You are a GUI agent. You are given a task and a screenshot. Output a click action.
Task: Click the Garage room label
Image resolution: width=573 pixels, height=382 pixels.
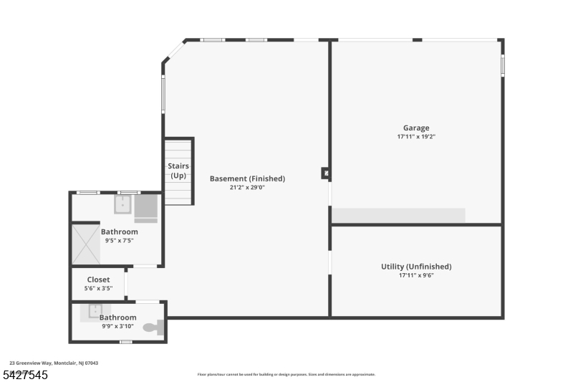[x=415, y=128]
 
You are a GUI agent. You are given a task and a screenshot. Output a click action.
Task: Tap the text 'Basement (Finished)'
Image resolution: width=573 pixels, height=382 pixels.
[x=247, y=178]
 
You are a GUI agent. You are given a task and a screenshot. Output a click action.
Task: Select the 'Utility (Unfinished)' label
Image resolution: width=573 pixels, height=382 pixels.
[x=415, y=267]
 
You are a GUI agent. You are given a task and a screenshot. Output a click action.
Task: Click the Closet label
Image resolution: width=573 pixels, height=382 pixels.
[x=98, y=280]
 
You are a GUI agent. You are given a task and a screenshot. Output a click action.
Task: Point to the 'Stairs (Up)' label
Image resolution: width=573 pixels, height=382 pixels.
[x=178, y=170]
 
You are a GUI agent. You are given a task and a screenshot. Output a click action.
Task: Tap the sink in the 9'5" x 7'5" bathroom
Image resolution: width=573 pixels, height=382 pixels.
[x=122, y=204]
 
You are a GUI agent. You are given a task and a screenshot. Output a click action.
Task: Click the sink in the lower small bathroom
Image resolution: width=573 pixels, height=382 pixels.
[x=95, y=311]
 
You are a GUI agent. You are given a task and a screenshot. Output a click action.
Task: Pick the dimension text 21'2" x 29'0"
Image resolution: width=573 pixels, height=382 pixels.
[x=247, y=187]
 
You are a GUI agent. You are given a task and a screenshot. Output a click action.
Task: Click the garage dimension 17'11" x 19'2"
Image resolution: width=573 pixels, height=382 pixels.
[x=415, y=137]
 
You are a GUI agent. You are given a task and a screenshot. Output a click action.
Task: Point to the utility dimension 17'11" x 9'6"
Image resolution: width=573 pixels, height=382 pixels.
[x=415, y=275]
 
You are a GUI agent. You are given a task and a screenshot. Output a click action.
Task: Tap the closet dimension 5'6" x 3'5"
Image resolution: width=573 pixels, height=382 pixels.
[x=98, y=288]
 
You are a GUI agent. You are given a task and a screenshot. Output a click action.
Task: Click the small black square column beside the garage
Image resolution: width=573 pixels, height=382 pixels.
[x=325, y=173]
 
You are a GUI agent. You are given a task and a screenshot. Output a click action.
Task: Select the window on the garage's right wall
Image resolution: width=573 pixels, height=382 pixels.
[x=502, y=65]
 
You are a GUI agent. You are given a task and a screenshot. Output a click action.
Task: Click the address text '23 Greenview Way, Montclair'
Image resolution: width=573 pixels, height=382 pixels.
[x=54, y=363]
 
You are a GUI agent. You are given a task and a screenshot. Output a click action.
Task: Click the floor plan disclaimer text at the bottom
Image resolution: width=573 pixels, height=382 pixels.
[x=286, y=374]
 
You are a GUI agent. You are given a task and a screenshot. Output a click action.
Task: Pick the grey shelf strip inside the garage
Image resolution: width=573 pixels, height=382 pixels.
[x=398, y=215]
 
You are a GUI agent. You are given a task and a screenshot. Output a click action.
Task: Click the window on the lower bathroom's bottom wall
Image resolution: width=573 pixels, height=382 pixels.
[x=125, y=342]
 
